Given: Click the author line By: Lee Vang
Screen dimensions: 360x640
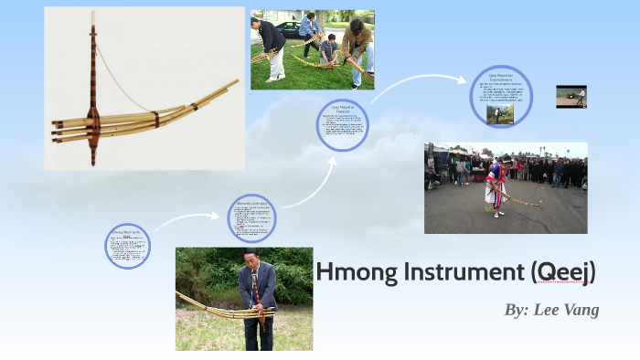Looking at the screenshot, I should (x=551, y=310).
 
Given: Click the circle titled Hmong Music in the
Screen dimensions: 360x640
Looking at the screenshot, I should (x=127, y=246).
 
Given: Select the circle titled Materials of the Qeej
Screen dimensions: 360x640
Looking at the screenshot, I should (x=251, y=217).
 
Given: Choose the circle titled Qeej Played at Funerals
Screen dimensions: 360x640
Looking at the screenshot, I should (x=342, y=125).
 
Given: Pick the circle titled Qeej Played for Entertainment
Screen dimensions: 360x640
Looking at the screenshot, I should (x=500, y=96).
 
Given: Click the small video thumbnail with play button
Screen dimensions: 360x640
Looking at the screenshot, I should (x=571, y=97).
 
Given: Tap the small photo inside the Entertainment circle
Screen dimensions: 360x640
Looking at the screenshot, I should (x=500, y=114).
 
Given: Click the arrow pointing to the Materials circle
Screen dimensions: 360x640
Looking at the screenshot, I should (x=187, y=219).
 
